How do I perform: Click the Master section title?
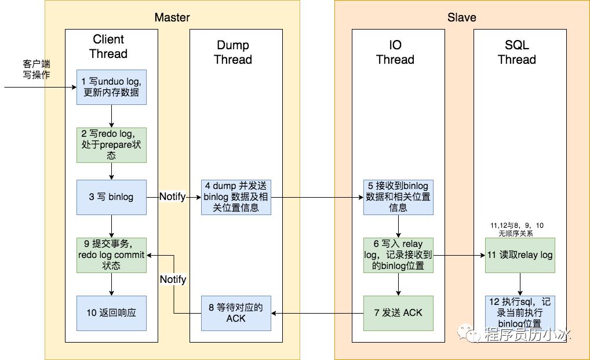pyautogui.click(x=172, y=17)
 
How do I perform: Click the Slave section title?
pyautogui.click(x=462, y=17)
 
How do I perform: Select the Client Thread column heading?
pyautogui.click(x=108, y=46)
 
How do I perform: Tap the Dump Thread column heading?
pyautogui.click(x=233, y=52)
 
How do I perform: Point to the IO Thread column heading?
pyautogui.click(x=395, y=52)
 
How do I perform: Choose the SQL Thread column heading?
pyautogui.click(x=516, y=52)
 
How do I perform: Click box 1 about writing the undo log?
pyautogui.click(x=111, y=87)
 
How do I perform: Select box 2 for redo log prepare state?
pyautogui.click(x=111, y=145)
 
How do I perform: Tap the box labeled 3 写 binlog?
pyautogui.click(x=111, y=197)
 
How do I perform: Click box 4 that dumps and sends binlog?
pyautogui.click(x=236, y=197)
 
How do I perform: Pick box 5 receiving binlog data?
pyautogui.click(x=398, y=197)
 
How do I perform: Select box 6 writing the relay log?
pyautogui.click(x=398, y=255)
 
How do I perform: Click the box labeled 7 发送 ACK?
pyautogui.click(x=398, y=313)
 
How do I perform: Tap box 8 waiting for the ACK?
pyautogui.click(x=236, y=313)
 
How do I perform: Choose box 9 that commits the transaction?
pyautogui.click(x=111, y=255)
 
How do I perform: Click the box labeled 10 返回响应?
pyautogui.click(x=111, y=313)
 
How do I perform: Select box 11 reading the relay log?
pyautogui.click(x=520, y=255)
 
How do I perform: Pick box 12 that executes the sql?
pyautogui.click(x=520, y=313)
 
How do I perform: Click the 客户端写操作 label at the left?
pyautogui.click(x=37, y=69)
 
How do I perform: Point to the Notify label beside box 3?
pyautogui.click(x=173, y=197)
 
